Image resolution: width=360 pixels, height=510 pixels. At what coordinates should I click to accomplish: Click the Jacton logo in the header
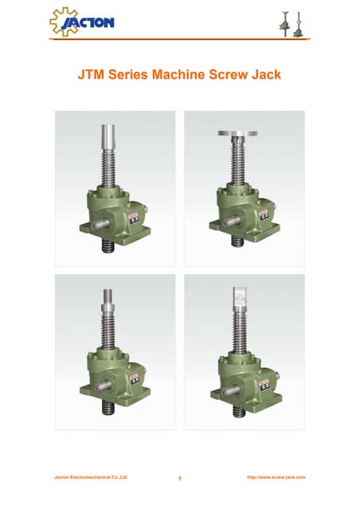coord(82,22)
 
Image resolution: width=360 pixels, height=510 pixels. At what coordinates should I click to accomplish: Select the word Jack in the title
coord(266,74)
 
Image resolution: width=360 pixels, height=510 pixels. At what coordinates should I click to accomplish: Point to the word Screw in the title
coord(229,74)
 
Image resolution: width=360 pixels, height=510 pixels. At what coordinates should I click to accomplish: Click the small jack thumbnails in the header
coord(293,24)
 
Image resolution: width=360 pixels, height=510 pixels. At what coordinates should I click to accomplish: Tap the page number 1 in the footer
coord(180,478)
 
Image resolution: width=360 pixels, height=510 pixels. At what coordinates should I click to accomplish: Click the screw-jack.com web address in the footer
coord(276,477)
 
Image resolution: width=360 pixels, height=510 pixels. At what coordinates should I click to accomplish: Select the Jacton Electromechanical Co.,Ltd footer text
coord(91,477)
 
